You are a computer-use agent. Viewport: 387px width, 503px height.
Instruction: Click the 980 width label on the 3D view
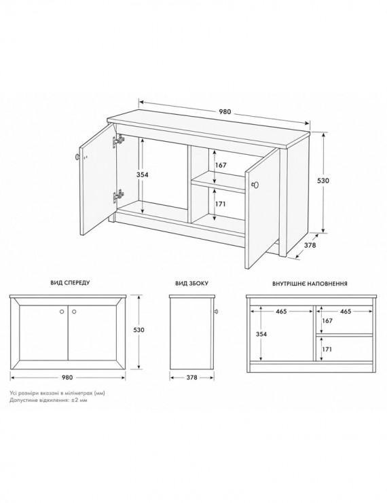point(225,111)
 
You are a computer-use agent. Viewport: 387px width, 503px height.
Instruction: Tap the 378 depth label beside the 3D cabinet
point(310,245)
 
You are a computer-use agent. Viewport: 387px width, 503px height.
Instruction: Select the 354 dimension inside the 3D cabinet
point(142,174)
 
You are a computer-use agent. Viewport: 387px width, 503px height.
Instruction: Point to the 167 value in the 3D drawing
point(221,165)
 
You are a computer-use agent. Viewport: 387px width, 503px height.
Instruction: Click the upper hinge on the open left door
point(117,141)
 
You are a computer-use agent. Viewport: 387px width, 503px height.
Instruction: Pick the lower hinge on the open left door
point(117,196)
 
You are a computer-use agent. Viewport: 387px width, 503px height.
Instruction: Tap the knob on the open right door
point(255,185)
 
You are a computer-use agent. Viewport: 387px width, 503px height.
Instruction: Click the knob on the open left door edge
point(77,157)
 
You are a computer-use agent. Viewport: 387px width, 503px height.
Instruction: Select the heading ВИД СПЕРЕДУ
point(70,282)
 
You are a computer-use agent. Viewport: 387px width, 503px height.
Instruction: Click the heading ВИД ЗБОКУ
point(191,283)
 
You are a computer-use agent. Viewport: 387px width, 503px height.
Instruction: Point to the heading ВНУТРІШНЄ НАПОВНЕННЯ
point(310,284)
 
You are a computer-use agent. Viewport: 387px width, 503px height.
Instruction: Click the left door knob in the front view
point(62,311)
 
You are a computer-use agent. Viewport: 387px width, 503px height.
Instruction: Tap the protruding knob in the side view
point(216,311)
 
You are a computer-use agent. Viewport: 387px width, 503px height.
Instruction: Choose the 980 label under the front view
point(67,377)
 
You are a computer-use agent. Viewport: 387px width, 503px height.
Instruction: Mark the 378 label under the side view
point(191,377)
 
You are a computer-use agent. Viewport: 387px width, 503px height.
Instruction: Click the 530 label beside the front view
point(139,329)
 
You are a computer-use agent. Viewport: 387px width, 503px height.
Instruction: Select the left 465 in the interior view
point(281,311)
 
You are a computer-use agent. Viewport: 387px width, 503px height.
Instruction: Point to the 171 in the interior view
point(327,349)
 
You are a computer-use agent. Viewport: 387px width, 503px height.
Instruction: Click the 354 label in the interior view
point(261,334)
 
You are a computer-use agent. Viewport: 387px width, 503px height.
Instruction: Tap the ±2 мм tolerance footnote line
point(48,400)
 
